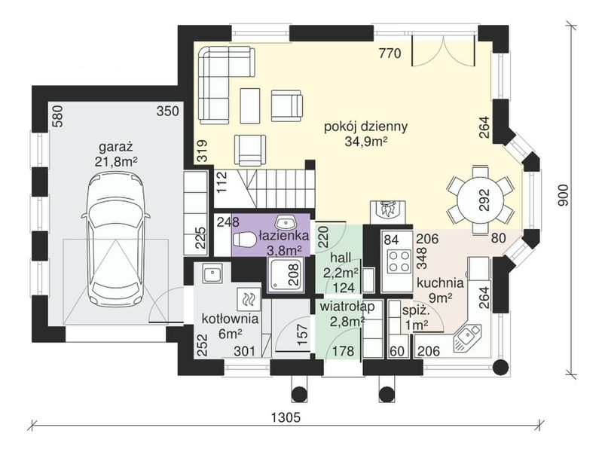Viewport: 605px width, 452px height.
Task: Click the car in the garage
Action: [x=115, y=240]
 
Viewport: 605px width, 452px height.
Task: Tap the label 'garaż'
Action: [x=116, y=147]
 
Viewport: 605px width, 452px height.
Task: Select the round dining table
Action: [x=481, y=200]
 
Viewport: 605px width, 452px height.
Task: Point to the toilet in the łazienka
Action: [x=243, y=239]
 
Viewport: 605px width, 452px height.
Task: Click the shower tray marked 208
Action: [x=286, y=274]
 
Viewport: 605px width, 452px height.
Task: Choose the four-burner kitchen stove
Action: [x=396, y=261]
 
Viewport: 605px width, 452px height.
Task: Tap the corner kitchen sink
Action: [x=467, y=337]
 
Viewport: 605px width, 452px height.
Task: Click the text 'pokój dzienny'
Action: [x=365, y=126]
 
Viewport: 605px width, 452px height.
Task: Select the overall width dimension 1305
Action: [x=286, y=417]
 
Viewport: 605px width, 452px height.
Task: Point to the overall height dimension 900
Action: [x=564, y=195]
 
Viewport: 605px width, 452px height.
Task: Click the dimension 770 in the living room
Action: [x=390, y=53]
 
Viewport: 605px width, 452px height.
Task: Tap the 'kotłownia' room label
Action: [x=230, y=319]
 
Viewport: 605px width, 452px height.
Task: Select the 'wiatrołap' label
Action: [x=347, y=307]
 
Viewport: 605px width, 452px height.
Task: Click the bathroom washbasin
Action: [x=285, y=223]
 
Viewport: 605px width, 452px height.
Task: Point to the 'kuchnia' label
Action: [x=440, y=282]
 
